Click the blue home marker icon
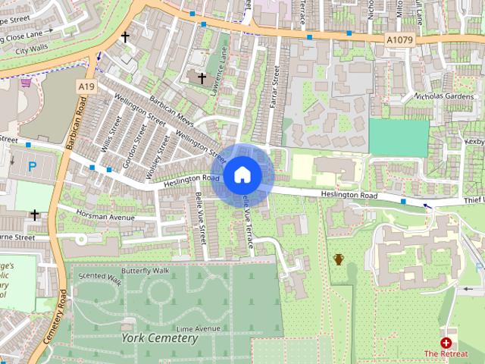click(x=242, y=174)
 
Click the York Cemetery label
click(x=158, y=337)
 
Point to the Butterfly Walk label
click(x=144, y=270)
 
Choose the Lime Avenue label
click(x=198, y=328)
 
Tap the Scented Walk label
click(x=99, y=279)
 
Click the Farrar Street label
click(x=276, y=87)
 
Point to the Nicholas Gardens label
click(x=449, y=96)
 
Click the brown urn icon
click(x=339, y=259)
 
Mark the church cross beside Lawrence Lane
click(x=202, y=77)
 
